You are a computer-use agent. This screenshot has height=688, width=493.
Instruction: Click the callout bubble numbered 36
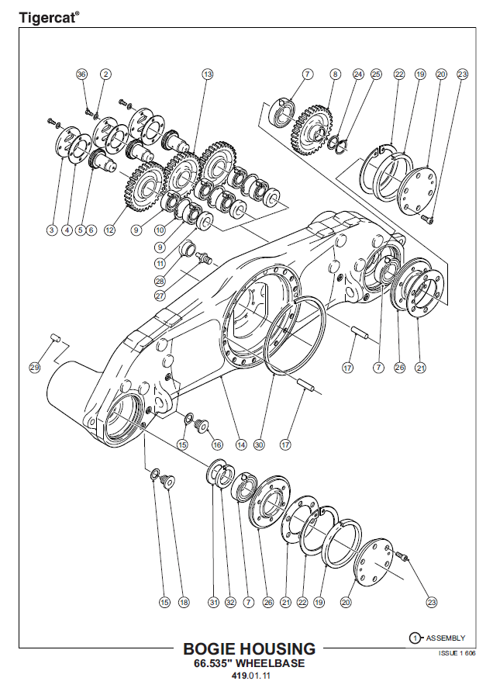click(x=82, y=74)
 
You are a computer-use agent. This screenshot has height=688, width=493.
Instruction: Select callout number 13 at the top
click(x=207, y=74)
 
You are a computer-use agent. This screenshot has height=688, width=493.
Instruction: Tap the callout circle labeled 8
click(x=335, y=74)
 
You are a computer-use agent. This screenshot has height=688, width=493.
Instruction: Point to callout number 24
click(x=357, y=74)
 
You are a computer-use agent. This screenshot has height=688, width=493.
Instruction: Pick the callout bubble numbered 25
click(x=376, y=74)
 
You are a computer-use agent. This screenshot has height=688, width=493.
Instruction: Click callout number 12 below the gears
click(x=109, y=230)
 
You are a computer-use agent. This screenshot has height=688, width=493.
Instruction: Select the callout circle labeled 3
click(x=51, y=230)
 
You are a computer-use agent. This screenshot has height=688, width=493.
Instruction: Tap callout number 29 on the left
click(x=34, y=367)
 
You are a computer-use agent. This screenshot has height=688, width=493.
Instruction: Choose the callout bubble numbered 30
click(x=260, y=445)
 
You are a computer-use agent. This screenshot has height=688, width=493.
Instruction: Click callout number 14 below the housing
click(x=241, y=445)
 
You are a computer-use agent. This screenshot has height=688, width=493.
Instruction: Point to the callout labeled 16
click(x=217, y=445)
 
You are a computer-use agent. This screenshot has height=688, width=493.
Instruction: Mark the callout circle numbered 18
click(x=184, y=601)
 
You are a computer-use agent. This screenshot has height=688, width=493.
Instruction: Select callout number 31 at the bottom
click(x=213, y=601)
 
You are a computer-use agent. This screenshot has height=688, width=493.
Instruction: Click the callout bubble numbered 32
click(x=230, y=601)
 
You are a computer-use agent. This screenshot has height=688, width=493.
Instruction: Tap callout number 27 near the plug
click(x=160, y=296)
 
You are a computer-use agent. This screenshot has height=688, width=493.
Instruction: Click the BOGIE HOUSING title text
click(x=249, y=648)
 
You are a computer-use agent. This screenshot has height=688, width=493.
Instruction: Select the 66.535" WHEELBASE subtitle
click(x=249, y=664)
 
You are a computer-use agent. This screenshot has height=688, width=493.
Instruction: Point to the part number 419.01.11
click(x=249, y=677)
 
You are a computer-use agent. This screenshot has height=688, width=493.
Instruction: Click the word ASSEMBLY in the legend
click(x=446, y=638)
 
